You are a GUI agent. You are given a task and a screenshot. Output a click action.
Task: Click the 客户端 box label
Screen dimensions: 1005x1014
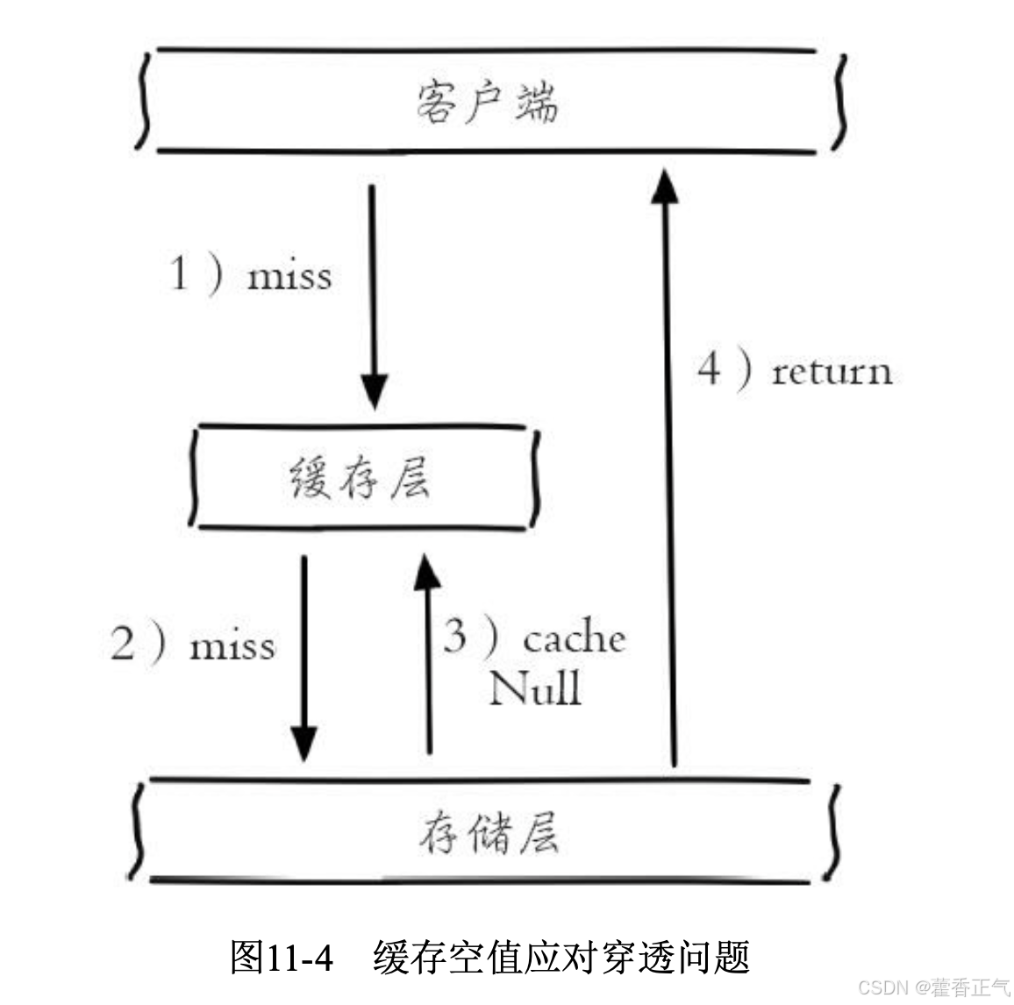point(487,103)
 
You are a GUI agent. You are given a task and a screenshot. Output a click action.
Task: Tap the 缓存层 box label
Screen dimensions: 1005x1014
point(361,478)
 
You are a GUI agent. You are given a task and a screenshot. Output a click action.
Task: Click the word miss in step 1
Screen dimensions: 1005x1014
point(289,276)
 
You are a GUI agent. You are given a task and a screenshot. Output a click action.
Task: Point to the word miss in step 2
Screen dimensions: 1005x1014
point(232,646)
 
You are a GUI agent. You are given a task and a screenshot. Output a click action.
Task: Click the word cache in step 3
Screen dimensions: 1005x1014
point(574,638)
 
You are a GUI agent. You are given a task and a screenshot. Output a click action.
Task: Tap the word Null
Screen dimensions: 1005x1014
point(535,688)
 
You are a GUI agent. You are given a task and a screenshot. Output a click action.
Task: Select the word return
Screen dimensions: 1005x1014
point(832,371)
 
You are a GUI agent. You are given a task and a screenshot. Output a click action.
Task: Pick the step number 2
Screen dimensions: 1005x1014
point(123,643)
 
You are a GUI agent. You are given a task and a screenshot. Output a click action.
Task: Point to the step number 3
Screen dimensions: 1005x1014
point(454,635)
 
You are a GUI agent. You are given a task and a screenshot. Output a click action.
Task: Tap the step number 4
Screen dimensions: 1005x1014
point(709,368)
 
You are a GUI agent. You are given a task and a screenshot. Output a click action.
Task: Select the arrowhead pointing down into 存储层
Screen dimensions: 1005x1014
point(303,745)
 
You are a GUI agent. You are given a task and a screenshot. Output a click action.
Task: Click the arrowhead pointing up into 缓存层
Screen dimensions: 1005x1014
point(428,572)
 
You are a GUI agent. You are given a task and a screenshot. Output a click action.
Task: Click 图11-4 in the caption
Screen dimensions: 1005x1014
point(281,957)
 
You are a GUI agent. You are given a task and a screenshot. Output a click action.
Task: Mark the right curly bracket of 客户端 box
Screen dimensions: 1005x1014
point(841,103)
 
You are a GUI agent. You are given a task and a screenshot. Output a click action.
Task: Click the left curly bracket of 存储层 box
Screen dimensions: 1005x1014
point(136,830)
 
